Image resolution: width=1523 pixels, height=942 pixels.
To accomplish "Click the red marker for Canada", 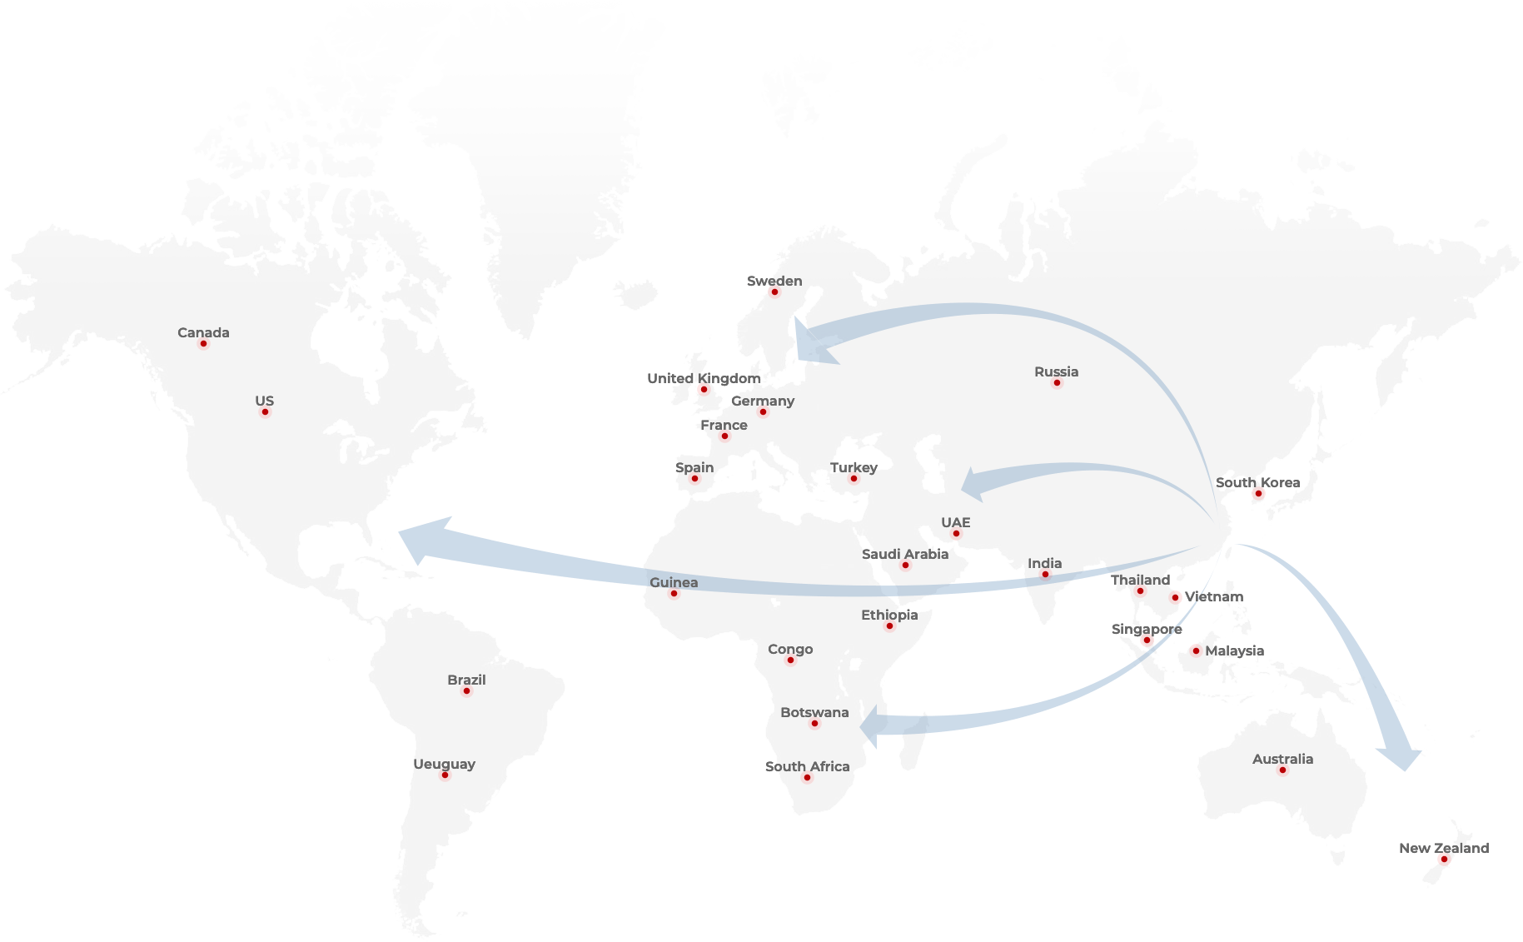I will pos(203,344).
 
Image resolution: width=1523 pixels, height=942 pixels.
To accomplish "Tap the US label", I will pos(264,401).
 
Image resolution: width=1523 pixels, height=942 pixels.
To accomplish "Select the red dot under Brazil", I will pos(466,691).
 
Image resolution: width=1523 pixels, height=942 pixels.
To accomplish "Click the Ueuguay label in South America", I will pos(445,764).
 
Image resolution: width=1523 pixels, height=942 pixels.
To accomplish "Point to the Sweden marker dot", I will pos(774,292).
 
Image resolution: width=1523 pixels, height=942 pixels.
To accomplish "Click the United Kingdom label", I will pos(704,378).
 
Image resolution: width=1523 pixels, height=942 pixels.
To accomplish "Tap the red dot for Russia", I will pos(1057,383).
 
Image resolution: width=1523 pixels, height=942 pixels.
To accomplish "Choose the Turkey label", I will pos(854,467).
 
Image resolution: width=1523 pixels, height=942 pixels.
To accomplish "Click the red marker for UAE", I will pos(956,534).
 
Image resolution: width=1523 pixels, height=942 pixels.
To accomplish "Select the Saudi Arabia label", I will pos(905,554).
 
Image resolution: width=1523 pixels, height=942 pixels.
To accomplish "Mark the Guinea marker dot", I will pos(674,594).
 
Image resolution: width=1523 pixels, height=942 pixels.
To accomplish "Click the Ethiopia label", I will pos(889,615).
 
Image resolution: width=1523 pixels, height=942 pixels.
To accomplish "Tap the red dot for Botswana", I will pos(814,724).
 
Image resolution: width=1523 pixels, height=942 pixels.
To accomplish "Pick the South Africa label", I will pos(807,766).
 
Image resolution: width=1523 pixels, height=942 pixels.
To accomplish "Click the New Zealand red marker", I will pos(1443,859).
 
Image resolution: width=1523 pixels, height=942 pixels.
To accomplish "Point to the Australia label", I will pos(1282,759).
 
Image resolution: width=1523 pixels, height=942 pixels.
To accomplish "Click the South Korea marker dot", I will pos(1258,494).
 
